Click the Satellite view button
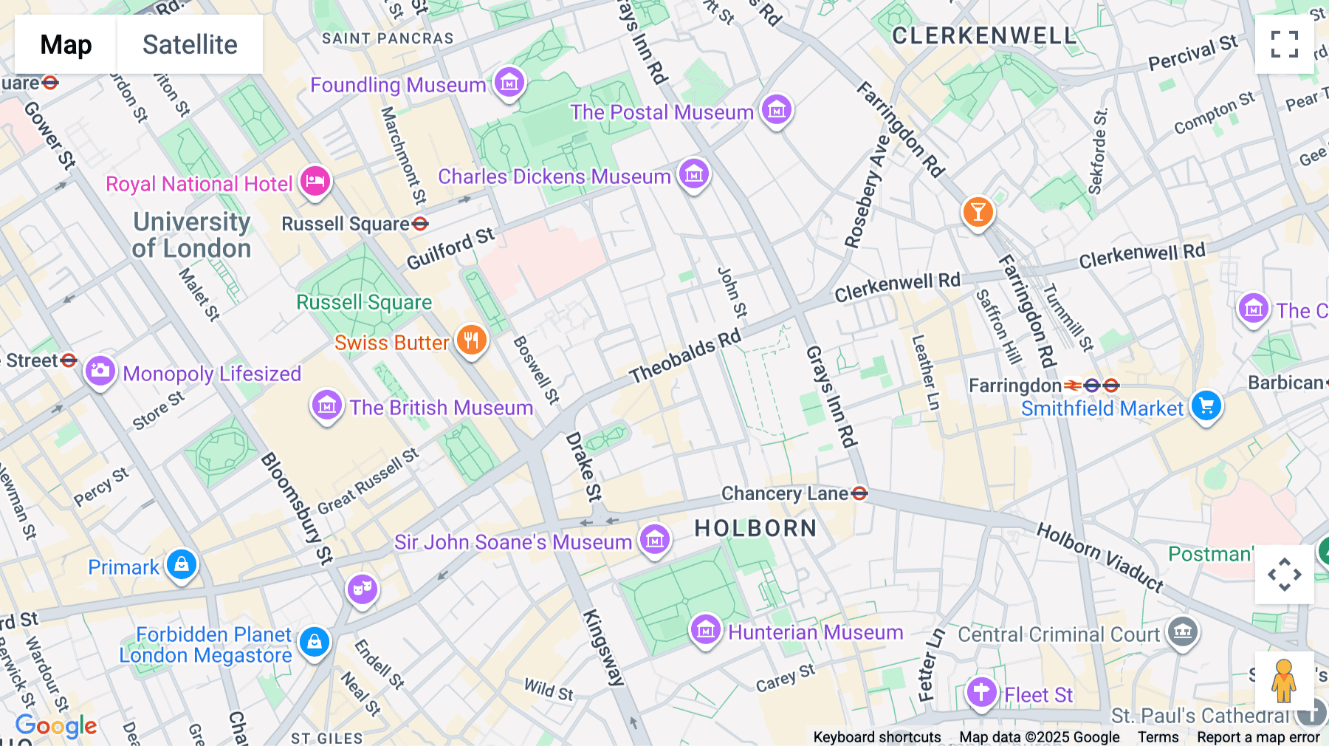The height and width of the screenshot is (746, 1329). point(190,44)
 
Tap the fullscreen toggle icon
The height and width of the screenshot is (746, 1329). point(1284,44)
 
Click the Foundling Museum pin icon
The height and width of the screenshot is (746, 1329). point(509,82)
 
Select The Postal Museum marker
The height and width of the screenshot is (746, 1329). point(776,110)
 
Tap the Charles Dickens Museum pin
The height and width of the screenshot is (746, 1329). point(693,174)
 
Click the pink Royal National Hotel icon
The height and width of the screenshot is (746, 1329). point(315,181)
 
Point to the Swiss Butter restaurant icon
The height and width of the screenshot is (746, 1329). point(471,341)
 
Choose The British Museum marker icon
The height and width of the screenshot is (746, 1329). point(326,405)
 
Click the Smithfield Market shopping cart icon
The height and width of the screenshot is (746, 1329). point(1206,405)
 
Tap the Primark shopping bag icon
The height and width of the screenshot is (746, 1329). point(182,565)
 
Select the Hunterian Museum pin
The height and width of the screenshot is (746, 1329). point(705,630)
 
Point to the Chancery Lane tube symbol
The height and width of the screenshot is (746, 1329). point(859,493)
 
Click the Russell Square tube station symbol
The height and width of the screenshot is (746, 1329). point(420,223)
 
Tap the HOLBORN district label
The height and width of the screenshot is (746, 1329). point(755,528)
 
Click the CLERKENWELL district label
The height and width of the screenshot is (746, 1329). point(983,35)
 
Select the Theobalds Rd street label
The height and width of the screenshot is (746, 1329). point(684,357)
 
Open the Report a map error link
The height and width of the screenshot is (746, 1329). point(1258,737)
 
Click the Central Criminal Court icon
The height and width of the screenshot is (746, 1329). point(1183,632)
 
